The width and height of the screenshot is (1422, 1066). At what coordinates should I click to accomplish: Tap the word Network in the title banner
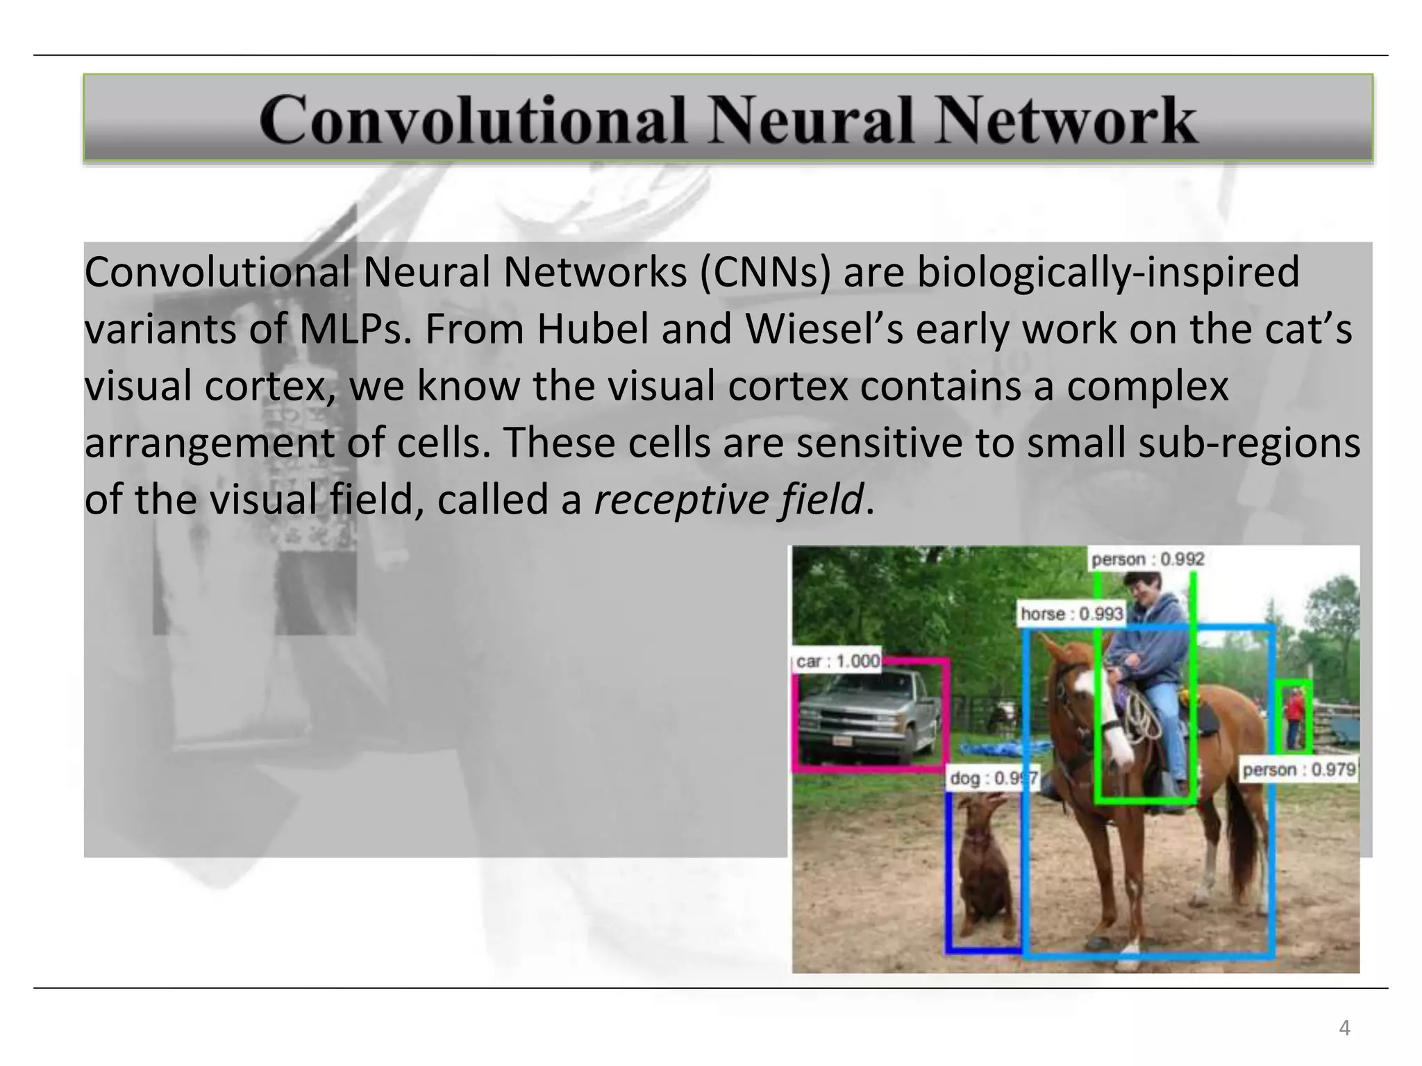(x=1066, y=119)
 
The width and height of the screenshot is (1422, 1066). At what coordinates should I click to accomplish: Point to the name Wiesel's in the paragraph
(x=824, y=329)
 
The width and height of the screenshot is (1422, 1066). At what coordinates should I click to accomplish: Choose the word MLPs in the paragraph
(x=354, y=329)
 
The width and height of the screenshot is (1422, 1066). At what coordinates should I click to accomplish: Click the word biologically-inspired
(x=1107, y=272)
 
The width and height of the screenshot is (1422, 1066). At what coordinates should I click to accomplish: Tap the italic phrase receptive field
(x=728, y=500)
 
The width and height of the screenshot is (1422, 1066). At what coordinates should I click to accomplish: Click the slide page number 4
(x=1344, y=1028)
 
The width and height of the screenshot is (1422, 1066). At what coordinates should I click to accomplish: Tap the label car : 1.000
(x=837, y=661)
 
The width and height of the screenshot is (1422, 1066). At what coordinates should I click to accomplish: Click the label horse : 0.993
(x=1071, y=614)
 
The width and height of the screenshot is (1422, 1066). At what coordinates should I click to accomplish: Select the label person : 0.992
(x=1147, y=559)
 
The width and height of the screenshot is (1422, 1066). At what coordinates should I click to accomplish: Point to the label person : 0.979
(x=1298, y=770)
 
